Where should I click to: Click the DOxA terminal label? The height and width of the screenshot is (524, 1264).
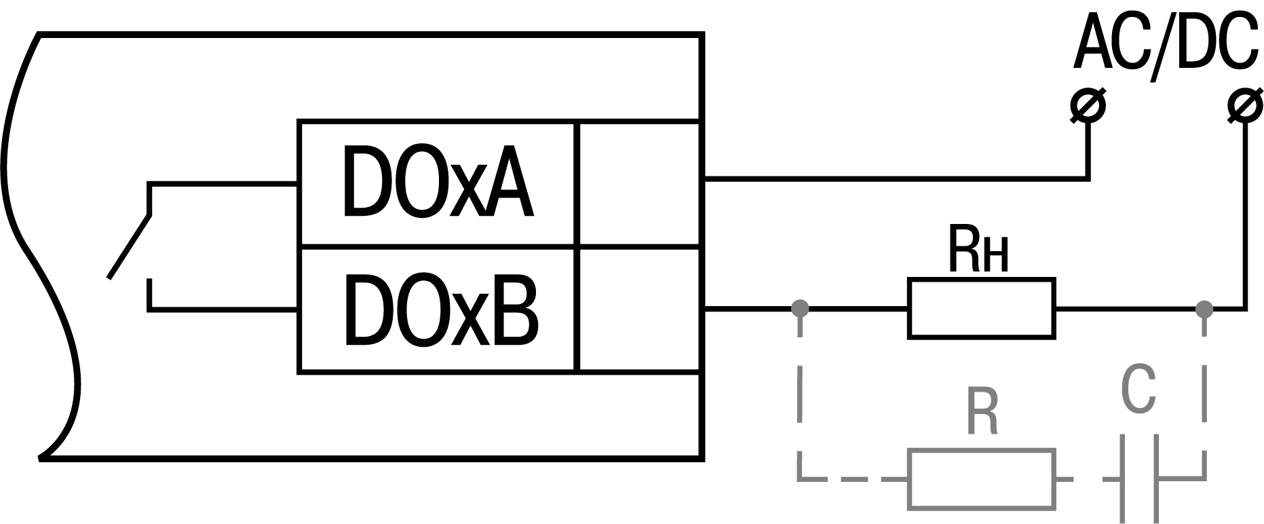click(x=438, y=182)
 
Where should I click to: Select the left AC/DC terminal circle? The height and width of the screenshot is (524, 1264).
click(x=1088, y=106)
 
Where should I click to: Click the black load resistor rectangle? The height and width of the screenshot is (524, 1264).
click(x=981, y=308)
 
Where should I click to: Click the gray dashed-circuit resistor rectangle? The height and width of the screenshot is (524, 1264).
click(x=981, y=479)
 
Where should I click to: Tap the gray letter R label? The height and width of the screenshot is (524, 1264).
click(x=982, y=413)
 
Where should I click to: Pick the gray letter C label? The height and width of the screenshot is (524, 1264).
click(x=1138, y=391)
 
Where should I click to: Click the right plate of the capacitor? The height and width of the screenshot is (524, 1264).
click(x=1154, y=479)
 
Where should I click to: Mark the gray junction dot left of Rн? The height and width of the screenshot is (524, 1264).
click(x=801, y=309)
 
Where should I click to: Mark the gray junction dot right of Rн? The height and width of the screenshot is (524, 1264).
click(x=1204, y=309)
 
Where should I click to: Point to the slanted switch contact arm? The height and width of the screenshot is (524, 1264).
click(x=129, y=247)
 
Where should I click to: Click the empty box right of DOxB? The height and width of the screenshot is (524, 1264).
click(x=638, y=310)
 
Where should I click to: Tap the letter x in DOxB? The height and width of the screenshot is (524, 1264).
click(x=464, y=319)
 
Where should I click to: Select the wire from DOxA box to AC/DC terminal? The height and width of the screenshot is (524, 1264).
click(x=896, y=179)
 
